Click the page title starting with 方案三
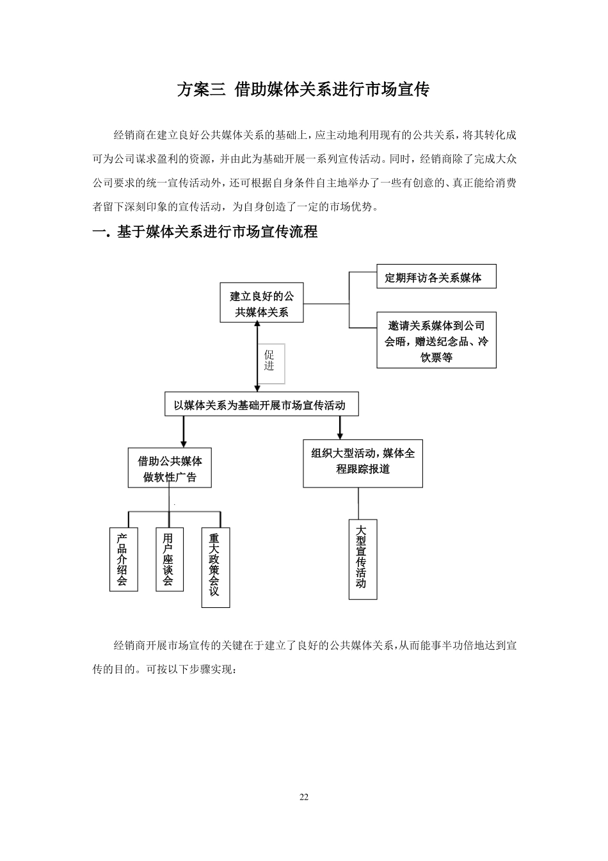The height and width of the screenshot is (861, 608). [303, 89]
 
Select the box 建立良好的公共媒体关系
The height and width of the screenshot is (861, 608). [262, 304]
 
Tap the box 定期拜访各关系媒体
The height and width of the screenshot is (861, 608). [436, 277]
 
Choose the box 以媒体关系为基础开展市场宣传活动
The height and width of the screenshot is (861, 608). [261, 405]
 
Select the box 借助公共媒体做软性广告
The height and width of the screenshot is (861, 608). [170, 469]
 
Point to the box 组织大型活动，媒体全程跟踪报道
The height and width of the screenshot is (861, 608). [363, 461]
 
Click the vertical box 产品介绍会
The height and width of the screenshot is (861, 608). [123, 560]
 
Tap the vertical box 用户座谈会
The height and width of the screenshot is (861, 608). [169, 560]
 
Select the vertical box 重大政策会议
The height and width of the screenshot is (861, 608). [215, 567]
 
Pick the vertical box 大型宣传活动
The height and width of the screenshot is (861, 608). [362, 559]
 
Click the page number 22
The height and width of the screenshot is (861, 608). [304, 797]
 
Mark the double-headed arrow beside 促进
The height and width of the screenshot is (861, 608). [257, 356]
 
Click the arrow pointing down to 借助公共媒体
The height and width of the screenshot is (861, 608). [184, 432]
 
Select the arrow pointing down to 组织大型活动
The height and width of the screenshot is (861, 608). [340, 427]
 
